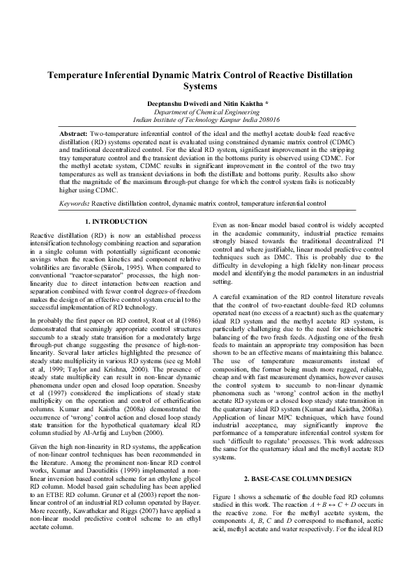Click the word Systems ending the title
(x=207, y=86)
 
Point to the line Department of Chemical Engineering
(x=207, y=111)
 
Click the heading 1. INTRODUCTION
(x=116, y=221)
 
